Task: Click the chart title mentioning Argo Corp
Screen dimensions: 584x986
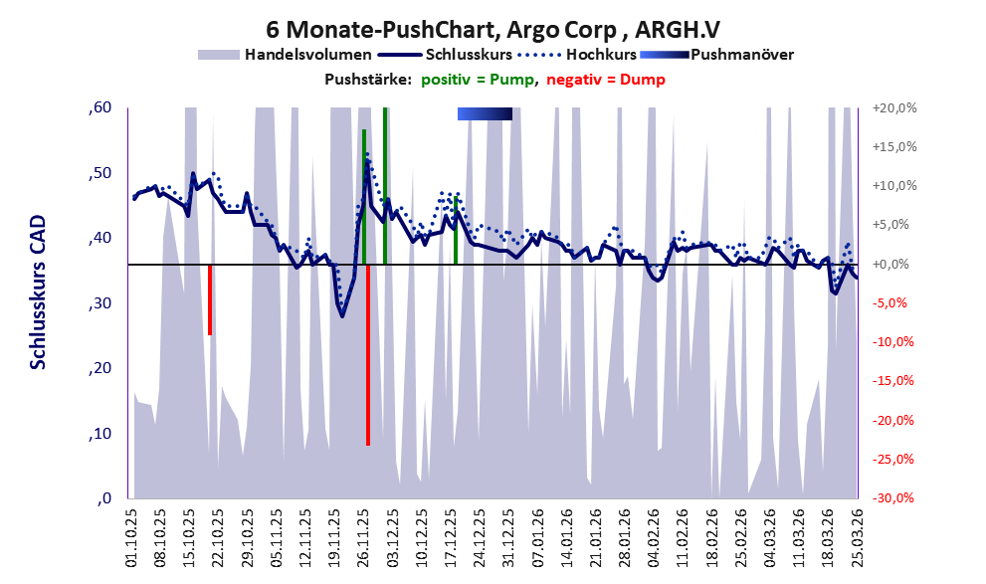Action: pyautogui.click(x=493, y=30)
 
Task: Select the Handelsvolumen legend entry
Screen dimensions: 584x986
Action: pyautogui.click(x=307, y=54)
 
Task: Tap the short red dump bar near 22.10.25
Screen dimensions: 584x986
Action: pyautogui.click(x=210, y=298)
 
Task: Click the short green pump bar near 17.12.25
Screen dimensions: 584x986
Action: pyautogui.click(x=456, y=231)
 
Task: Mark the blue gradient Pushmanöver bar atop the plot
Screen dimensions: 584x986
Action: pyautogui.click(x=485, y=113)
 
